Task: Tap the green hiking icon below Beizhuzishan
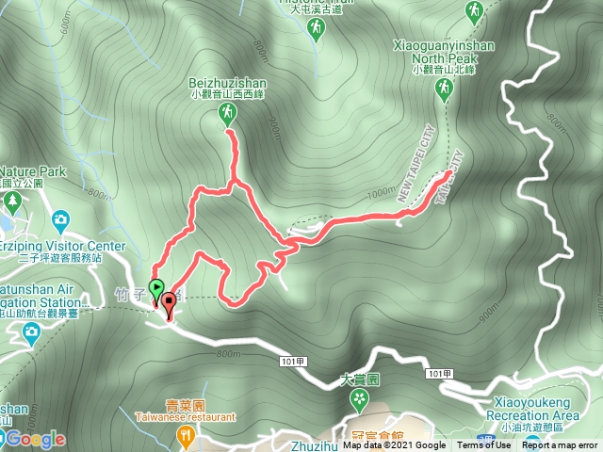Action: (226, 115)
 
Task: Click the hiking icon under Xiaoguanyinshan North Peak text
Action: (443, 89)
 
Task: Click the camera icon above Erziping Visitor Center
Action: (60, 220)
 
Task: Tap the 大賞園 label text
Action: (359, 381)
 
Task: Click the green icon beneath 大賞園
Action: (359, 400)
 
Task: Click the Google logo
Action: (34, 439)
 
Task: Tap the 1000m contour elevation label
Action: (383, 193)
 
